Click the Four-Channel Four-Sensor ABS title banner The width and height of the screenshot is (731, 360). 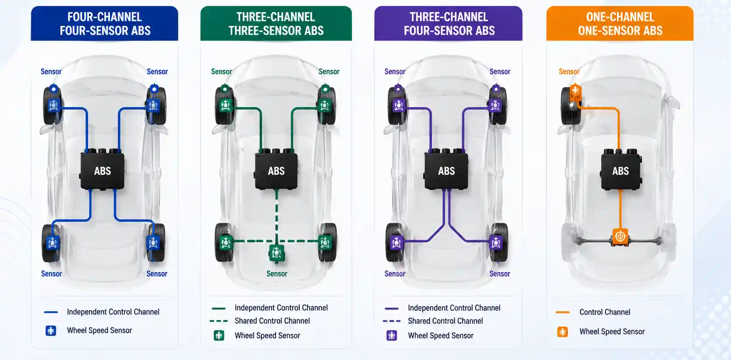click(x=104, y=24)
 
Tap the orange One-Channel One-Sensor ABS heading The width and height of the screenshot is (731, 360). click(x=620, y=24)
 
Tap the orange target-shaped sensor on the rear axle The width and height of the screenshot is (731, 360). click(x=620, y=236)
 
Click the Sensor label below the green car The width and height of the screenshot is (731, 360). click(x=277, y=273)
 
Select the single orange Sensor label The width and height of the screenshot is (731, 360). click(x=569, y=71)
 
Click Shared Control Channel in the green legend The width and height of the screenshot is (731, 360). click(x=272, y=321)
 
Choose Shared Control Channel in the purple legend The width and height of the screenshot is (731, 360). click(x=446, y=321)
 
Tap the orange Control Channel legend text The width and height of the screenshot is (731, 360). click(x=605, y=312)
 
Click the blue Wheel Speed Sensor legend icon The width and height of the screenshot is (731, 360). click(x=51, y=331)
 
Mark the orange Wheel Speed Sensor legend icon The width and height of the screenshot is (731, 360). click(x=563, y=332)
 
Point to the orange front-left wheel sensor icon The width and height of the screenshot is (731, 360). click(x=575, y=92)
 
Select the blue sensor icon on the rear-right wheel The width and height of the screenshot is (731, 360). click(x=153, y=243)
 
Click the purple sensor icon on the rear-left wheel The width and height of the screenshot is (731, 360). click(x=396, y=243)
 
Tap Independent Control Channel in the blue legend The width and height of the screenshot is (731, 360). click(x=113, y=312)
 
